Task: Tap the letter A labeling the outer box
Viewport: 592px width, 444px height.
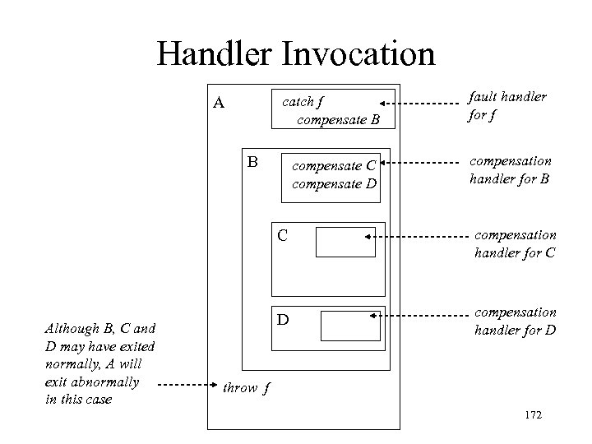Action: pyautogui.click(x=219, y=104)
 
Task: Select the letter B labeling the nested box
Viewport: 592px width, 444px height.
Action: pyautogui.click(x=253, y=161)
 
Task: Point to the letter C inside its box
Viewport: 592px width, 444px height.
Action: pyautogui.click(x=282, y=237)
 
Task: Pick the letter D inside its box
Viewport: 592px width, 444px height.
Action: pyautogui.click(x=282, y=318)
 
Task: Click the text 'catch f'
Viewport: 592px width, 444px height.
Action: pyautogui.click(x=303, y=103)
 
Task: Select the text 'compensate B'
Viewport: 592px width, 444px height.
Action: pyautogui.click(x=338, y=121)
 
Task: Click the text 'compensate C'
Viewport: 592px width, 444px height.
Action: pyautogui.click(x=335, y=165)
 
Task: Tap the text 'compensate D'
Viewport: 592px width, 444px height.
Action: pyautogui.click(x=335, y=183)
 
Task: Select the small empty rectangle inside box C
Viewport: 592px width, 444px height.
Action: pyautogui.click(x=345, y=243)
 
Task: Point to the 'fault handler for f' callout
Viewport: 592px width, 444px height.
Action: pyautogui.click(x=506, y=105)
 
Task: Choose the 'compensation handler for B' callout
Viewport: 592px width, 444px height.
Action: pyautogui.click(x=510, y=169)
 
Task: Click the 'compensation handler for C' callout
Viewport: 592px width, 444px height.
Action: pyautogui.click(x=515, y=244)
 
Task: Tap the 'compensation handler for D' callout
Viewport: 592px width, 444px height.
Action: pyautogui.click(x=515, y=321)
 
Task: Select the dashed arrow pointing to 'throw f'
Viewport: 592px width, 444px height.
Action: pyautogui.click(x=186, y=385)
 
